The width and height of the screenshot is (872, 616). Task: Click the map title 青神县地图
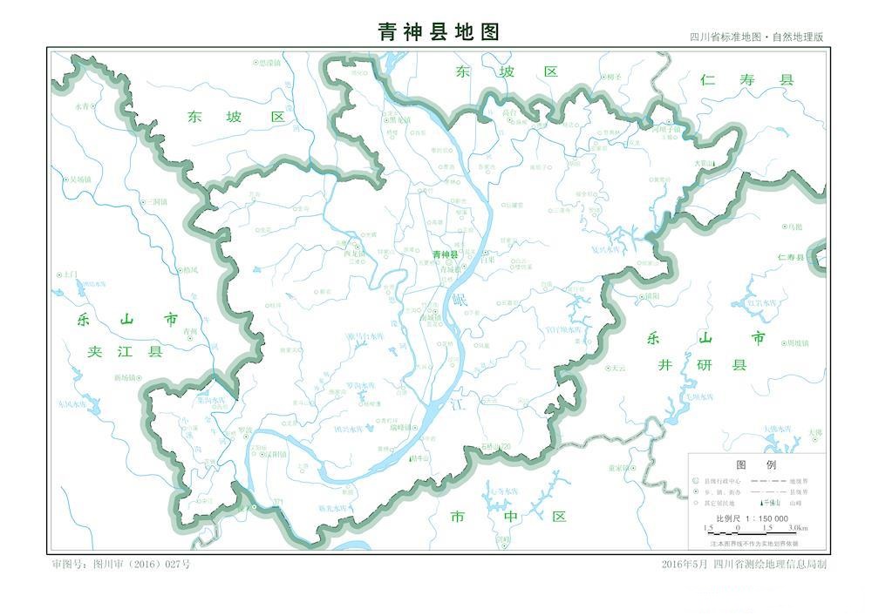tap(439, 32)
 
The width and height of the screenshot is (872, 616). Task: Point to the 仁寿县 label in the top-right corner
tap(747, 80)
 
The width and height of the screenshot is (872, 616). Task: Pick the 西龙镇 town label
tap(356, 254)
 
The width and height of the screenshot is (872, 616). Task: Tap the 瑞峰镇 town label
tap(405, 427)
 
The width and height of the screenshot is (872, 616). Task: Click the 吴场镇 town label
tap(79, 179)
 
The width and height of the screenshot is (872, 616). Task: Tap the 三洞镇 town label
tap(156, 201)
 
